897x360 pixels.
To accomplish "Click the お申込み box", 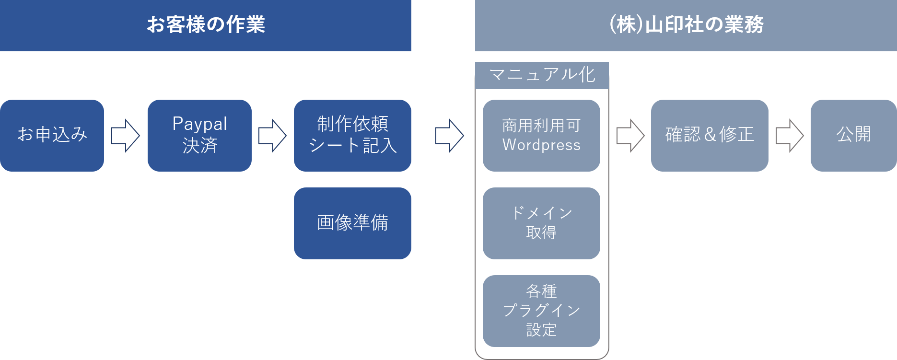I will point(52,135).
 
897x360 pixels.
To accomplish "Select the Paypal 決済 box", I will point(199,135).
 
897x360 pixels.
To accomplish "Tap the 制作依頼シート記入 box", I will point(352,135).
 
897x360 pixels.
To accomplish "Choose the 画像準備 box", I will point(352,223).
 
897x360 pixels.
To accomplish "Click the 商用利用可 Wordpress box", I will point(541,135).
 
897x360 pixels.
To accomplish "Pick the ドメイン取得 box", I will point(541,223).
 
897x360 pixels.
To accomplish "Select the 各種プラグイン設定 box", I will point(541,311).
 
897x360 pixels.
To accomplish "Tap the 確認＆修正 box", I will point(710,135).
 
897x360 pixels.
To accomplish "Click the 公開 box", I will point(853,135).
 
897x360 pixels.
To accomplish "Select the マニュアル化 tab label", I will point(542,75).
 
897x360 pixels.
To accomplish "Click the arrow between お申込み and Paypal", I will point(126,136).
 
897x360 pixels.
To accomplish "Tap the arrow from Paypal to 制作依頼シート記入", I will point(272,136).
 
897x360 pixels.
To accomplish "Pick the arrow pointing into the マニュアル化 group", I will point(449,136).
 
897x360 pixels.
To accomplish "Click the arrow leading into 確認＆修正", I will point(630,136).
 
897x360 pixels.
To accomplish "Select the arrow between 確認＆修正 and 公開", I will point(789,136).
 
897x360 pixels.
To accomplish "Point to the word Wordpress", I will point(541,145).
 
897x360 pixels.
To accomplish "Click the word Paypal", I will point(199,124).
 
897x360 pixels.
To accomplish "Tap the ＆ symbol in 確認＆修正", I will point(710,135).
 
